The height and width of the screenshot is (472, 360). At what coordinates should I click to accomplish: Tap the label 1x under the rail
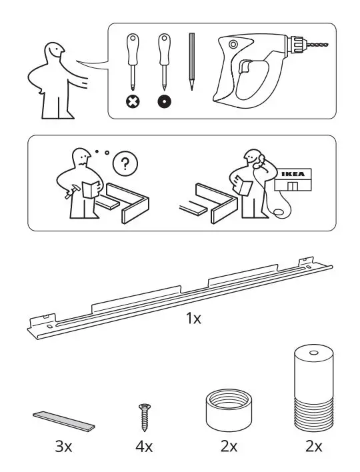(x=193, y=319)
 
